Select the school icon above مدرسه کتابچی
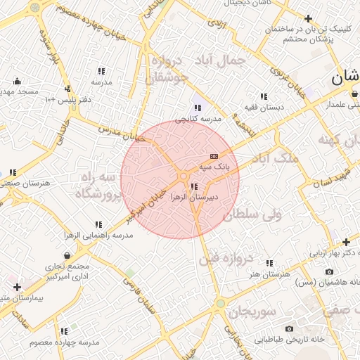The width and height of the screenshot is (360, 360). [198, 108]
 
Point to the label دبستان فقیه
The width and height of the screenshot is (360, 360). [263, 107]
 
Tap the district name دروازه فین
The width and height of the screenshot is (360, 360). [226, 258]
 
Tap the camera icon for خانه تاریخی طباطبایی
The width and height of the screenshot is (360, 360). [289, 328]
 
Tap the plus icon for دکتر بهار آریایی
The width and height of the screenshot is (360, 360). [346, 241]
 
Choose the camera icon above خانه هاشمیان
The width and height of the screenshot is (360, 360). [329, 271]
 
